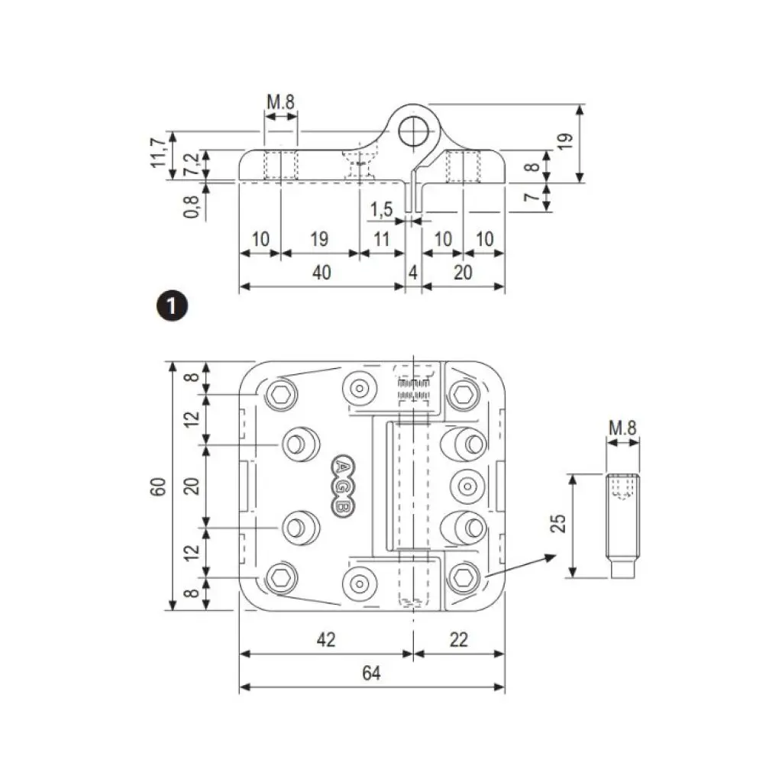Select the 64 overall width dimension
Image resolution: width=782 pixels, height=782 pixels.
click(371, 673)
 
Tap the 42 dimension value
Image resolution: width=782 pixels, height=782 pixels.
click(326, 640)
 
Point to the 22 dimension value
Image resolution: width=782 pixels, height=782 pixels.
click(458, 640)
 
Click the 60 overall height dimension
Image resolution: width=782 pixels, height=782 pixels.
click(158, 486)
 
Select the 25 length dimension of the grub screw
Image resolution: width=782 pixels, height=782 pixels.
click(559, 523)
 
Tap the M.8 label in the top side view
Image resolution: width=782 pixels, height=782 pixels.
click(280, 102)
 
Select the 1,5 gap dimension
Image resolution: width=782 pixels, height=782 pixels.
click(382, 209)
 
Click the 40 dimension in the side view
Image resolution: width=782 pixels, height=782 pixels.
click(322, 273)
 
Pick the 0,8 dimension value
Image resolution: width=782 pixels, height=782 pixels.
click(192, 205)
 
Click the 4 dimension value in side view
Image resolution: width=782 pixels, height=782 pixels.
click(412, 273)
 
